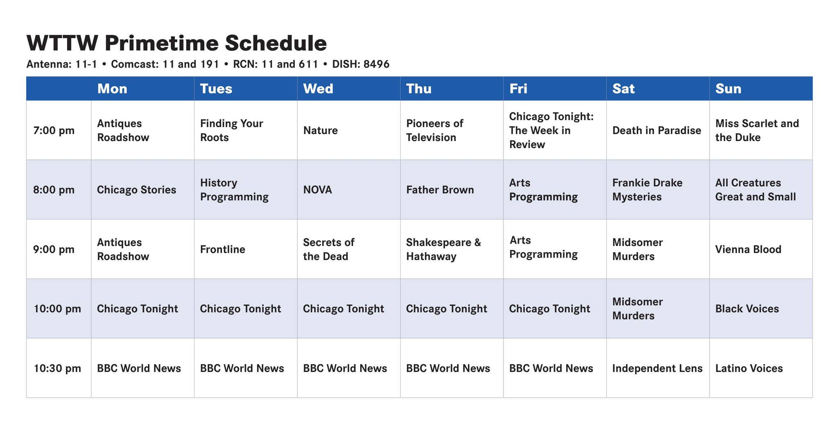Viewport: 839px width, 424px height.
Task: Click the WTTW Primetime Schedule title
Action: [x=177, y=43]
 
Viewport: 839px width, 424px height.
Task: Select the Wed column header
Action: [x=318, y=89]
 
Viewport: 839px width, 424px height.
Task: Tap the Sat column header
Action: [x=623, y=89]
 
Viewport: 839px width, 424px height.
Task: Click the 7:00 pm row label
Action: [x=54, y=130]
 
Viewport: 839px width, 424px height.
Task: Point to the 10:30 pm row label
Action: [x=57, y=368]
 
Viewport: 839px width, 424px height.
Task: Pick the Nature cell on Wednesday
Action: [x=320, y=130]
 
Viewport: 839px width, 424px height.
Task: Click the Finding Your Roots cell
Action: [x=231, y=130]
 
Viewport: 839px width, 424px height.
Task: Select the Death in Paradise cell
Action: [x=656, y=130]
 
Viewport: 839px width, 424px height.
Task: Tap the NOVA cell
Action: [x=317, y=190]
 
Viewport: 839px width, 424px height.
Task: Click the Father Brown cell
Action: [x=440, y=190]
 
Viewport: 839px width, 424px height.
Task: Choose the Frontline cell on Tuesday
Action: [x=222, y=249]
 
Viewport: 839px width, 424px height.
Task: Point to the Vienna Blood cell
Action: [x=748, y=249]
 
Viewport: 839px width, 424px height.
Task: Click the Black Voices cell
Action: [x=747, y=309]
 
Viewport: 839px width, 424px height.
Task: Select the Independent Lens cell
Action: [x=657, y=368]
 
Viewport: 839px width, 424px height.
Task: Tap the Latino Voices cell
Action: [x=749, y=368]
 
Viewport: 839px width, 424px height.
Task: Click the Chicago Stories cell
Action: [x=136, y=190]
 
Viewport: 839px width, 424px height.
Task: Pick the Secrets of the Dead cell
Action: [x=329, y=249]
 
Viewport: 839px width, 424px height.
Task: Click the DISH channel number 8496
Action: [x=376, y=64]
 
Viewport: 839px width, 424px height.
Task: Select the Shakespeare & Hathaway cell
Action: [x=443, y=249]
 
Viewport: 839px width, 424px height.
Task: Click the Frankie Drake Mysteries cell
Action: [x=647, y=190]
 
